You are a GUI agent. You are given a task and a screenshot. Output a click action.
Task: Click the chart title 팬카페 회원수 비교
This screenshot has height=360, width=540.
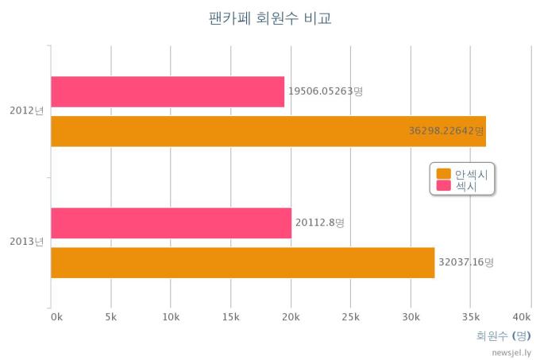[270, 18]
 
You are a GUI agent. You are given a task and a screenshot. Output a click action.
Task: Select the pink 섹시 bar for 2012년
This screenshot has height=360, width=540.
[168, 91]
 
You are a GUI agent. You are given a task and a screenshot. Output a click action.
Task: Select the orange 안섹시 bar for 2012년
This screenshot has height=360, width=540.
[268, 131]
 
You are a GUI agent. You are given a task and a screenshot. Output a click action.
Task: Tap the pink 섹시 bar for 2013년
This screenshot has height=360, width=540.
[171, 223]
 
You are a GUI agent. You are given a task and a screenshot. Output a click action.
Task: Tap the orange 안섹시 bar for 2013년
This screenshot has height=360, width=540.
[243, 262]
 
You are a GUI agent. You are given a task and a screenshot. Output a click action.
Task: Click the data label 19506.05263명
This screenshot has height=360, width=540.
[326, 91]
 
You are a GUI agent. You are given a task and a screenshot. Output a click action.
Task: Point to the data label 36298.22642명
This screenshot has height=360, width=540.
[445, 131]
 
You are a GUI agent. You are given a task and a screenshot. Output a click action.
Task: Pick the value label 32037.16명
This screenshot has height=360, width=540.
[466, 261]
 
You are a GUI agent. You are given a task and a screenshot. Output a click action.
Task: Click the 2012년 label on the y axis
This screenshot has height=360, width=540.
[27, 110]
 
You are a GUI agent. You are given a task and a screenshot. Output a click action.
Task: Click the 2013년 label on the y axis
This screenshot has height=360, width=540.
[27, 242]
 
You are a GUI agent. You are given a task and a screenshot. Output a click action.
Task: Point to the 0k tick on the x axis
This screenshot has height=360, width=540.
[56, 316]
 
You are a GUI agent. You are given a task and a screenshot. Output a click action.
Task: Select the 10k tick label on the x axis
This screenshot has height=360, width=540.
[171, 316]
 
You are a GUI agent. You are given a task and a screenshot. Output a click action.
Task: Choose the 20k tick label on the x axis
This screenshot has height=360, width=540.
[291, 316]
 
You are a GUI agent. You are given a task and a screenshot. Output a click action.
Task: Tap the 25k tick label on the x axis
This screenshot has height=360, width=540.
[350, 316]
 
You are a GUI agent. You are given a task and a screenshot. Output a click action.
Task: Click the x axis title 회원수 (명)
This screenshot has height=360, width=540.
[503, 335]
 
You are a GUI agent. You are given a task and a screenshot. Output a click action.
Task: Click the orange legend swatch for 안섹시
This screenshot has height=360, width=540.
[443, 174]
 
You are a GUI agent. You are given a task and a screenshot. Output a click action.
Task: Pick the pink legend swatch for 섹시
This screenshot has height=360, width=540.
[443, 186]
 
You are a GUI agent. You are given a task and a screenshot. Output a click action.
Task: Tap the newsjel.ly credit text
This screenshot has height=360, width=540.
[511, 352]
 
